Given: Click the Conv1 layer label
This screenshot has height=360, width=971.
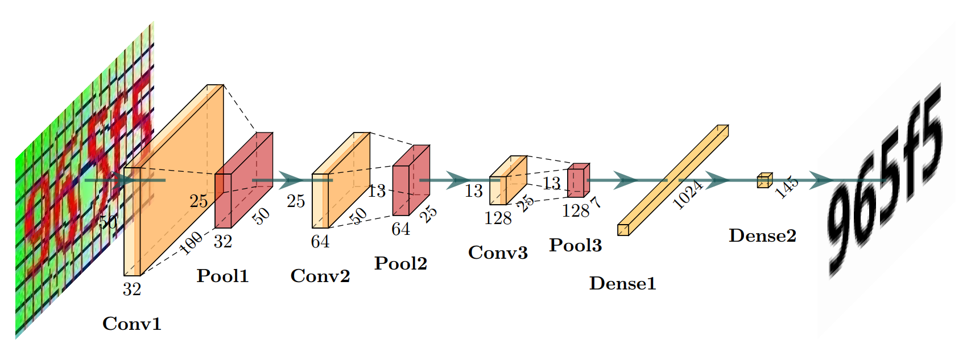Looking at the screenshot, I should [132, 324].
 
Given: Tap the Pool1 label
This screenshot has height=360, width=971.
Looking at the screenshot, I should [222, 276].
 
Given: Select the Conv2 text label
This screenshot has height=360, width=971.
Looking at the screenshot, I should [320, 276].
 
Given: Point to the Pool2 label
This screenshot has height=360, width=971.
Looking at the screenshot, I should [400, 263].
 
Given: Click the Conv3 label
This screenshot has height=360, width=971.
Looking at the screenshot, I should [498, 253].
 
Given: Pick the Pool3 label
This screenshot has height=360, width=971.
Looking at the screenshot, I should [575, 245].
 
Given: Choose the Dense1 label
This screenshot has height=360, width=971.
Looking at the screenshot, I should [623, 283].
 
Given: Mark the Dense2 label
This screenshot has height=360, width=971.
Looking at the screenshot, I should [762, 235].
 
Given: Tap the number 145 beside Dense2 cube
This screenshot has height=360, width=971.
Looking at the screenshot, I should [787, 187].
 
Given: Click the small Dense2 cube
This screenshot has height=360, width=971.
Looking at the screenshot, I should [763, 181].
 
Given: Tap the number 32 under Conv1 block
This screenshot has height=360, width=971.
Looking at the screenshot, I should [131, 289].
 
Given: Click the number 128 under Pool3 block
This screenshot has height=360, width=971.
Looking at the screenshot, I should [575, 211].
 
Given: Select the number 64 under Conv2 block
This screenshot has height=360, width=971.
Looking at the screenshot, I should [320, 242].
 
